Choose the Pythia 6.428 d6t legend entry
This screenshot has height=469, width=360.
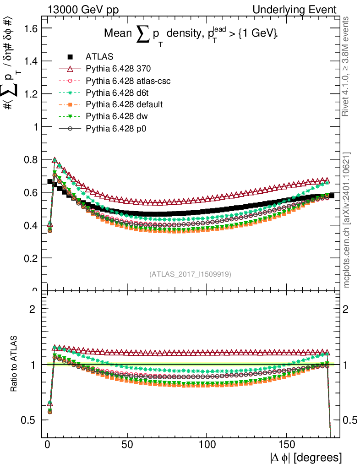pos(116,93)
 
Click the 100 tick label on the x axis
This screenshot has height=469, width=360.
pos(207,444)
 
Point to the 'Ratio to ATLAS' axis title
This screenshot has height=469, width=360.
pos(14,364)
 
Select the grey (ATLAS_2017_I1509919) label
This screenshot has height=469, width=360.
pos(190,274)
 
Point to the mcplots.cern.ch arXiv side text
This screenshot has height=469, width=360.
pos(347,220)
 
